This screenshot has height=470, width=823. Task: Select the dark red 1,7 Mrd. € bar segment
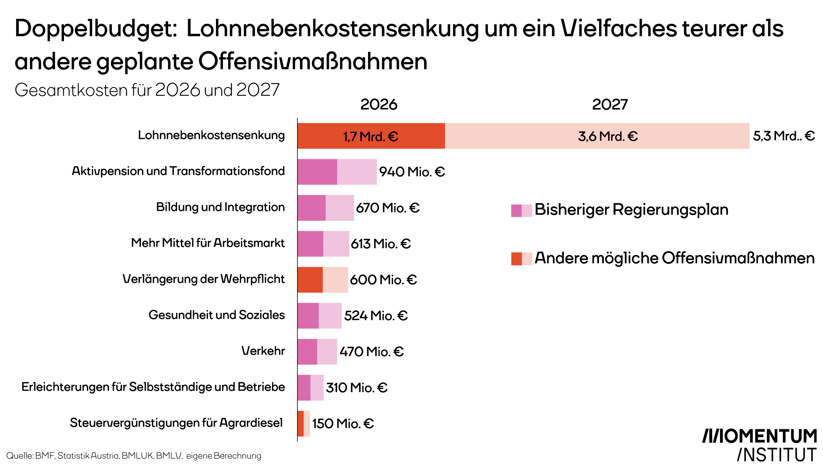pos(371,136)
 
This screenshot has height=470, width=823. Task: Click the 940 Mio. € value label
pos(412,172)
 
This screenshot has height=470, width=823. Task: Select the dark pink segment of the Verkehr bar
pos(307,352)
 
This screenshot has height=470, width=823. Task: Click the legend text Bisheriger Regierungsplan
pos(631,210)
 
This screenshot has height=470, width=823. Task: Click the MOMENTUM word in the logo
pos(760,436)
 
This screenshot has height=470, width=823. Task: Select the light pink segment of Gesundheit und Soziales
pos(330,316)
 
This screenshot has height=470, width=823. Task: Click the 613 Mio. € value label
pos(381,244)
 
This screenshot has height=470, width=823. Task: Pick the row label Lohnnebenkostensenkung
pos(211,135)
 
